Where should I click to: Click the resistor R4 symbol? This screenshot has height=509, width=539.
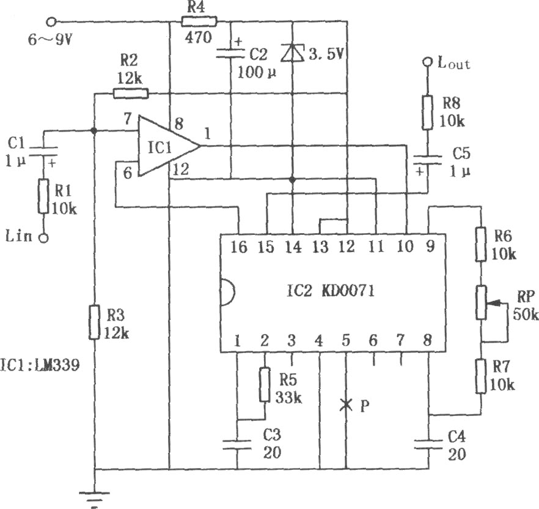199,21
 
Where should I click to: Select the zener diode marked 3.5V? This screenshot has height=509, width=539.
292,53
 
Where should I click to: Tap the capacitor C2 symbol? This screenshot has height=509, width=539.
230,53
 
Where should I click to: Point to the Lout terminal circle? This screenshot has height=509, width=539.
428,62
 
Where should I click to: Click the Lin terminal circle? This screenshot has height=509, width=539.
43,238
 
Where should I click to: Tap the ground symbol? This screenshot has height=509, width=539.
94,497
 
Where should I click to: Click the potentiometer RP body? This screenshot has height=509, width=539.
482,302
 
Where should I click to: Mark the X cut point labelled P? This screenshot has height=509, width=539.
346,405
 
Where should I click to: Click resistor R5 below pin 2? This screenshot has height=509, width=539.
265,384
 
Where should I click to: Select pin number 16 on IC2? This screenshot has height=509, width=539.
238,247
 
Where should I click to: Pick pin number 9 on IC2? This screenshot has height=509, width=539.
430,247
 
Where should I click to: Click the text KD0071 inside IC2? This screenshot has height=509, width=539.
348,291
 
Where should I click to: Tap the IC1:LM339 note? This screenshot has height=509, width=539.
40,365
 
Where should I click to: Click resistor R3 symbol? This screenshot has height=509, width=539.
94,322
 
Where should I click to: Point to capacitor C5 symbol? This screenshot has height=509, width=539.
428,160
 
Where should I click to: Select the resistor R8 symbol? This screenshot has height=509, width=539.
428,113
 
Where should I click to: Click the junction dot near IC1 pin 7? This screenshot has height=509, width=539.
93,131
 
